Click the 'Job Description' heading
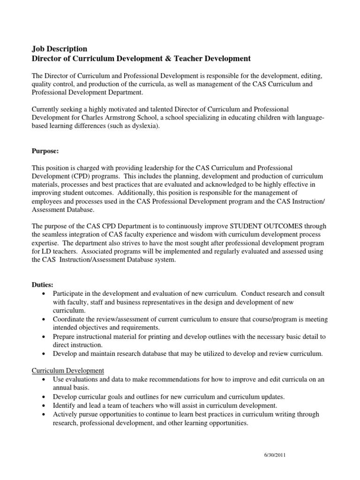59,49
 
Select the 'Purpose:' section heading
45,152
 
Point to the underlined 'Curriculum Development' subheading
67,371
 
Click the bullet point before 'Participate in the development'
44,293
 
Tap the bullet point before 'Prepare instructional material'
44,337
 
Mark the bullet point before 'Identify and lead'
44,405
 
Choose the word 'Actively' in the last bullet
64,414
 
